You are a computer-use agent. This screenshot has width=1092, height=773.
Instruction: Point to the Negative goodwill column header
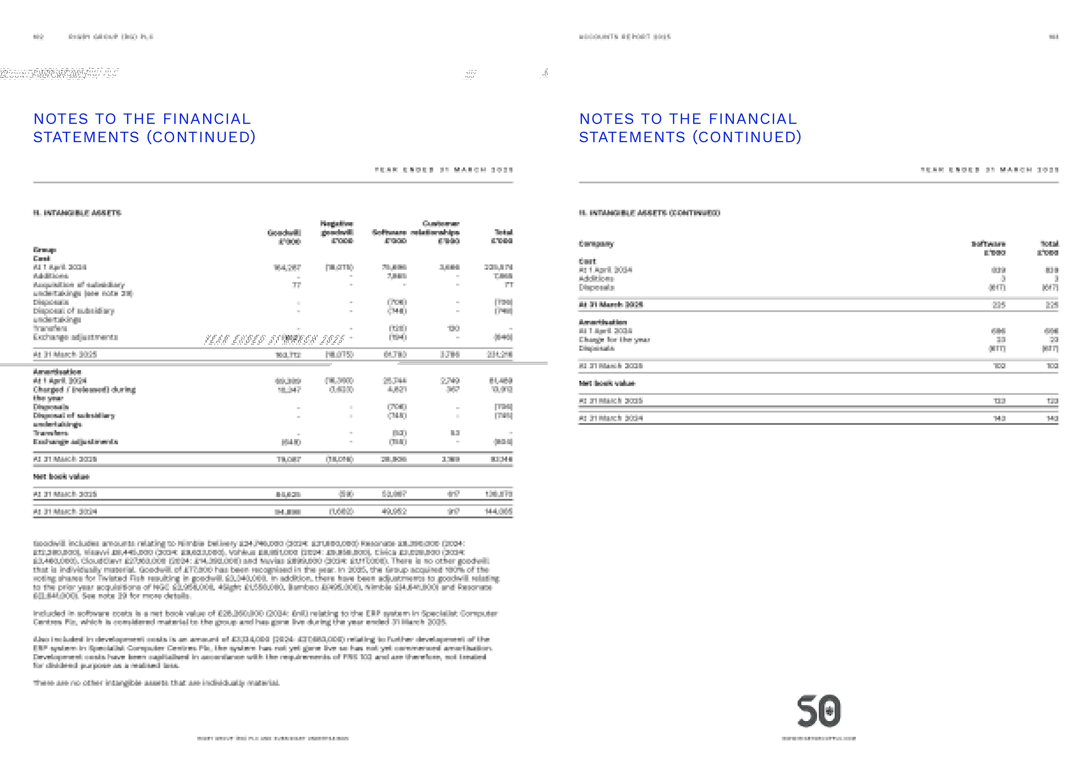click(x=337, y=232)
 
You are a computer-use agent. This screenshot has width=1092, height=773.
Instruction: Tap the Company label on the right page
click(x=596, y=244)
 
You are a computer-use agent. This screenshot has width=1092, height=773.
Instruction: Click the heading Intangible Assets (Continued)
click(x=649, y=213)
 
